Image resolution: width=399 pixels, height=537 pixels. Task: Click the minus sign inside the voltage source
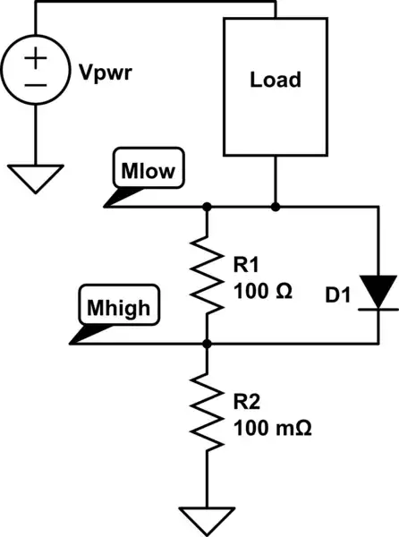pos(35,83)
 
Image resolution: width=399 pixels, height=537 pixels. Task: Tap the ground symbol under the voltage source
pos(35,176)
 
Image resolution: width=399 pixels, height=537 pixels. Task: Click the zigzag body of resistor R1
pos(207,275)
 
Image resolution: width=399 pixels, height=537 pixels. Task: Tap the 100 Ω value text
pos(263,291)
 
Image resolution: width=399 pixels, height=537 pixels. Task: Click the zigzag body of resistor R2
pos(207,413)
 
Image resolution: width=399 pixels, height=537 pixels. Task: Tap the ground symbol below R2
pos(207,518)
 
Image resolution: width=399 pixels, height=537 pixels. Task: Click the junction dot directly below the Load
pos(275,207)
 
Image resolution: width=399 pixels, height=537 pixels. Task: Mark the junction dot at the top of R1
pos(207,207)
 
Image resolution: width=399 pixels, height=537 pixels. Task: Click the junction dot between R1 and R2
pos(207,344)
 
